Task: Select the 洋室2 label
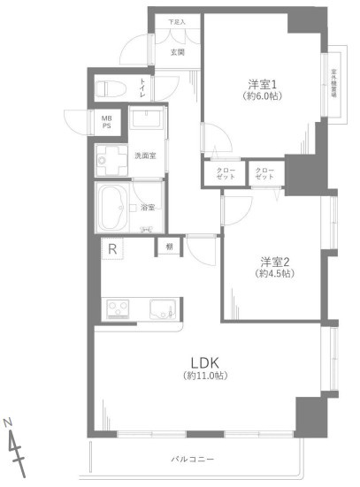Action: [x=275, y=261]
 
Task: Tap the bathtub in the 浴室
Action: [x=113, y=208]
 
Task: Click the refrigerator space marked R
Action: [x=113, y=250]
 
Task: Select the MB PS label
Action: [x=106, y=122]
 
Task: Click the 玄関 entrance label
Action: [x=178, y=52]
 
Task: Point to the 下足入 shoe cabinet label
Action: [x=177, y=22]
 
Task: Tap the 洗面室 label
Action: [x=145, y=156]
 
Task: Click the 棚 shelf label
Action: [x=168, y=247]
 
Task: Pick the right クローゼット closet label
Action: [x=264, y=172]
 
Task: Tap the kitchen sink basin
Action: [x=162, y=309]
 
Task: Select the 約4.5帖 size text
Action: [x=275, y=274]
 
